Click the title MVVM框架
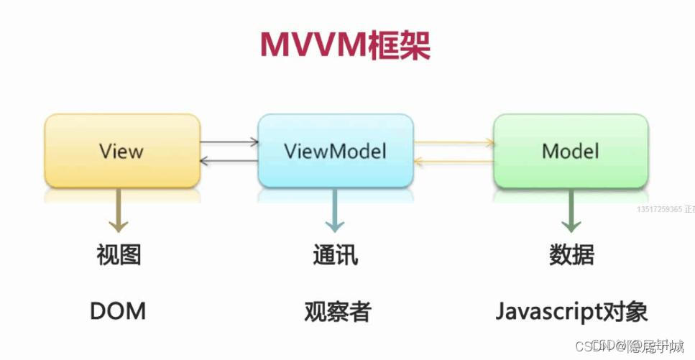[x=345, y=45]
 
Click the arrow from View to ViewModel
[x=229, y=142]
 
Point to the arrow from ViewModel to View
[x=229, y=161]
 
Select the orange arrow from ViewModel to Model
[x=454, y=142]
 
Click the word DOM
[x=118, y=311]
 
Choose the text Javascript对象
[x=571, y=312]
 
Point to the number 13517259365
[x=660, y=209]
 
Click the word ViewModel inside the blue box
[x=335, y=152]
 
